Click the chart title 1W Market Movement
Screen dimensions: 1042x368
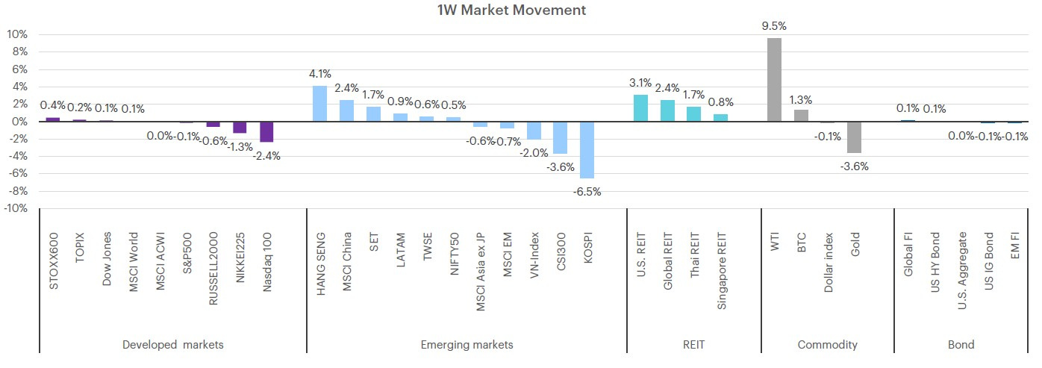tap(511, 10)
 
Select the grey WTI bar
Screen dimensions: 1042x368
tap(774, 80)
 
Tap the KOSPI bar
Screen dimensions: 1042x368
tap(587, 150)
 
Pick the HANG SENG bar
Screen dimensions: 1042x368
tap(319, 103)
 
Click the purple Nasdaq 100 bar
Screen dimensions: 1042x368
tap(266, 131)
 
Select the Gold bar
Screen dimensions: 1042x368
tap(854, 137)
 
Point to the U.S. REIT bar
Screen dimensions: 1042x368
tap(640, 108)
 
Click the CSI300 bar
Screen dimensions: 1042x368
tap(560, 137)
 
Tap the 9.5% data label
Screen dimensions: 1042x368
tap(774, 26)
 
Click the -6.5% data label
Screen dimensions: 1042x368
tap(587, 192)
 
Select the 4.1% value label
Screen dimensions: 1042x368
tap(320, 73)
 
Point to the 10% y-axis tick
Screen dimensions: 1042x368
tap(16, 34)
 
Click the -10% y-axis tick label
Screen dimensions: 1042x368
tap(16, 208)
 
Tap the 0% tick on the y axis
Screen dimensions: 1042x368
tap(19, 122)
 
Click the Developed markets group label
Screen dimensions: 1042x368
tap(173, 345)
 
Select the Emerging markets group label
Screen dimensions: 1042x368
tap(467, 345)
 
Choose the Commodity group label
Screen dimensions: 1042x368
tap(828, 345)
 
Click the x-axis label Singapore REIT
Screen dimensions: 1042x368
tap(721, 271)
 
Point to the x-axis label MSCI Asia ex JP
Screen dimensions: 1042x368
tap(481, 272)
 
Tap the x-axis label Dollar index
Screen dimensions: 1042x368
tap(828, 263)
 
